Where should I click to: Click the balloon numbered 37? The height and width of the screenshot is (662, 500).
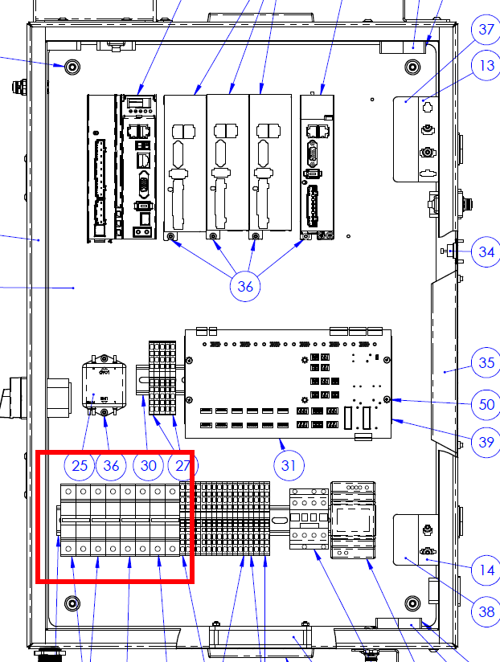(x=486, y=29)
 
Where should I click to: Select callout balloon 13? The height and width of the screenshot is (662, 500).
(x=486, y=65)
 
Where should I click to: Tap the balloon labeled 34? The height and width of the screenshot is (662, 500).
(x=486, y=252)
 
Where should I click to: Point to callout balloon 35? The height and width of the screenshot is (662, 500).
(x=486, y=362)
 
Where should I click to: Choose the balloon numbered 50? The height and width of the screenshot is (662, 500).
(x=486, y=405)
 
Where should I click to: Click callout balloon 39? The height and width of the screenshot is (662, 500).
(x=486, y=442)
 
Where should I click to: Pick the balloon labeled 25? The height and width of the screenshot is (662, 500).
(x=80, y=466)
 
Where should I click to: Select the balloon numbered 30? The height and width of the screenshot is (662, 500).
(x=148, y=466)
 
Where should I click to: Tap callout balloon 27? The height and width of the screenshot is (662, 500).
(x=182, y=466)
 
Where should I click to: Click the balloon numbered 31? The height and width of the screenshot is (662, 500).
(x=289, y=466)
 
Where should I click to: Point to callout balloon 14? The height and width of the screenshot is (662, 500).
(x=486, y=570)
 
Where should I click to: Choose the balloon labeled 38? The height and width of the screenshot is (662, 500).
(x=486, y=611)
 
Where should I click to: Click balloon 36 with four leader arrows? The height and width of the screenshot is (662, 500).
(x=245, y=287)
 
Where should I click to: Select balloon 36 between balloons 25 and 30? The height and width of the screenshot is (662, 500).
(x=112, y=466)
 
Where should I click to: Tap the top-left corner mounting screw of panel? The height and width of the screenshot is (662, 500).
(x=72, y=67)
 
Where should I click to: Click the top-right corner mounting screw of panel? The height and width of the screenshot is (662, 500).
(x=412, y=67)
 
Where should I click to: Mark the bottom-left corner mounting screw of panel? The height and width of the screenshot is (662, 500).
(x=72, y=603)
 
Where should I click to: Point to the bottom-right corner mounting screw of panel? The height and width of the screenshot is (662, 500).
(x=412, y=603)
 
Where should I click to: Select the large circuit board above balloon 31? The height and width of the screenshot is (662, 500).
(x=288, y=383)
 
